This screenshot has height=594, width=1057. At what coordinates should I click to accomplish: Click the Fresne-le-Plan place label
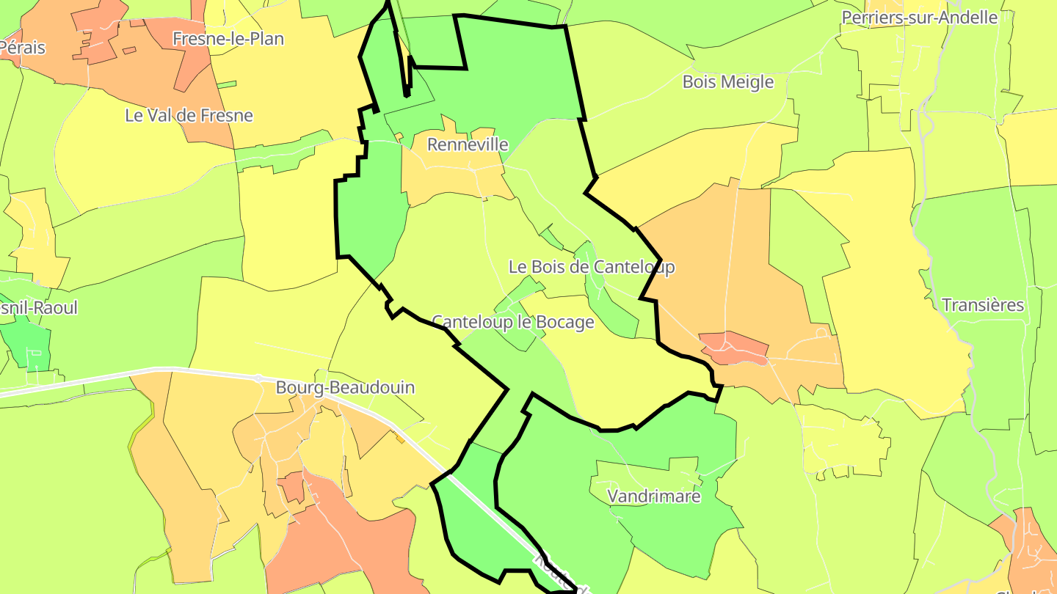tap(228, 38)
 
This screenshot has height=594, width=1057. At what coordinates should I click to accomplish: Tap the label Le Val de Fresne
tap(189, 115)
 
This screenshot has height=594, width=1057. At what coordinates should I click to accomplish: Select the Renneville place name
tap(468, 144)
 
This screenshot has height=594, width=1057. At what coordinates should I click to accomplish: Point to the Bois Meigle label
tap(728, 81)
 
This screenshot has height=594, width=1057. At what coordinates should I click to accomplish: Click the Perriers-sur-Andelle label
tap(920, 17)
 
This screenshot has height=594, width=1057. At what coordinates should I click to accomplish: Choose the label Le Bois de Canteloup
tap(592, 267)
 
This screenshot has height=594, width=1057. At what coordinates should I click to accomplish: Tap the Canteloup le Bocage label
tap(513, 322)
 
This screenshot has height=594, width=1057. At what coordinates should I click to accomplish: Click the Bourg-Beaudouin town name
tap(345, 387)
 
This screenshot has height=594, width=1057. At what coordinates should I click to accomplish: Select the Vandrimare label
tap(654, 496)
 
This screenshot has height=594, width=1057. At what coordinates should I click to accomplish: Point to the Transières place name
tap(982, 305)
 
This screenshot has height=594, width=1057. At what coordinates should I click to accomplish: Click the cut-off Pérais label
tap(23, 48)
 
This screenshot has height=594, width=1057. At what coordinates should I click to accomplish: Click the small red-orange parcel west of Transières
tap(734, 348)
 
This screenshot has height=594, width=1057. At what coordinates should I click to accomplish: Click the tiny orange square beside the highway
tap(400, 439)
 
